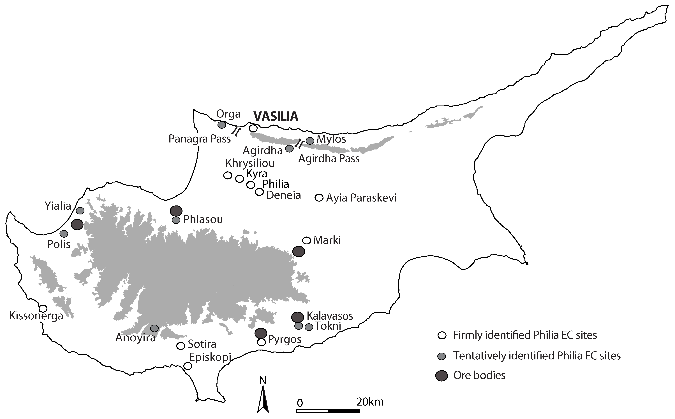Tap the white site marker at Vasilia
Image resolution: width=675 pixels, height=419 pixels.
click(x=253, y=128)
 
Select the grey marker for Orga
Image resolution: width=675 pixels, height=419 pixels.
click(x=222, y=125)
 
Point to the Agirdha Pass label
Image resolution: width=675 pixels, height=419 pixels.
click(x=329, y=159)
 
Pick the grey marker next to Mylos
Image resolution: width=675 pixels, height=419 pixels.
click(x=310, y=141)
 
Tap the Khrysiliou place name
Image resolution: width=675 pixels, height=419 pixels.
click(x=250, y=163)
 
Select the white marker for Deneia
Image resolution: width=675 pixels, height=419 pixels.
click(x=259, y=192)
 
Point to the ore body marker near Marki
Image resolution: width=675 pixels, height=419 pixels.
click(x=299, y=252)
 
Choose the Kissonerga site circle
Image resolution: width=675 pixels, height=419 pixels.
click(x=43, y=308)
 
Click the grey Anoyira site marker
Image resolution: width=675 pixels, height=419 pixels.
click(x=154, y=328)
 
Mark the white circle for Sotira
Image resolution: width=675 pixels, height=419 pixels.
click(x=181, y=346)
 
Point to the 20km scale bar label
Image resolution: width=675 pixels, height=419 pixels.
click(x=370, y=402)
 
